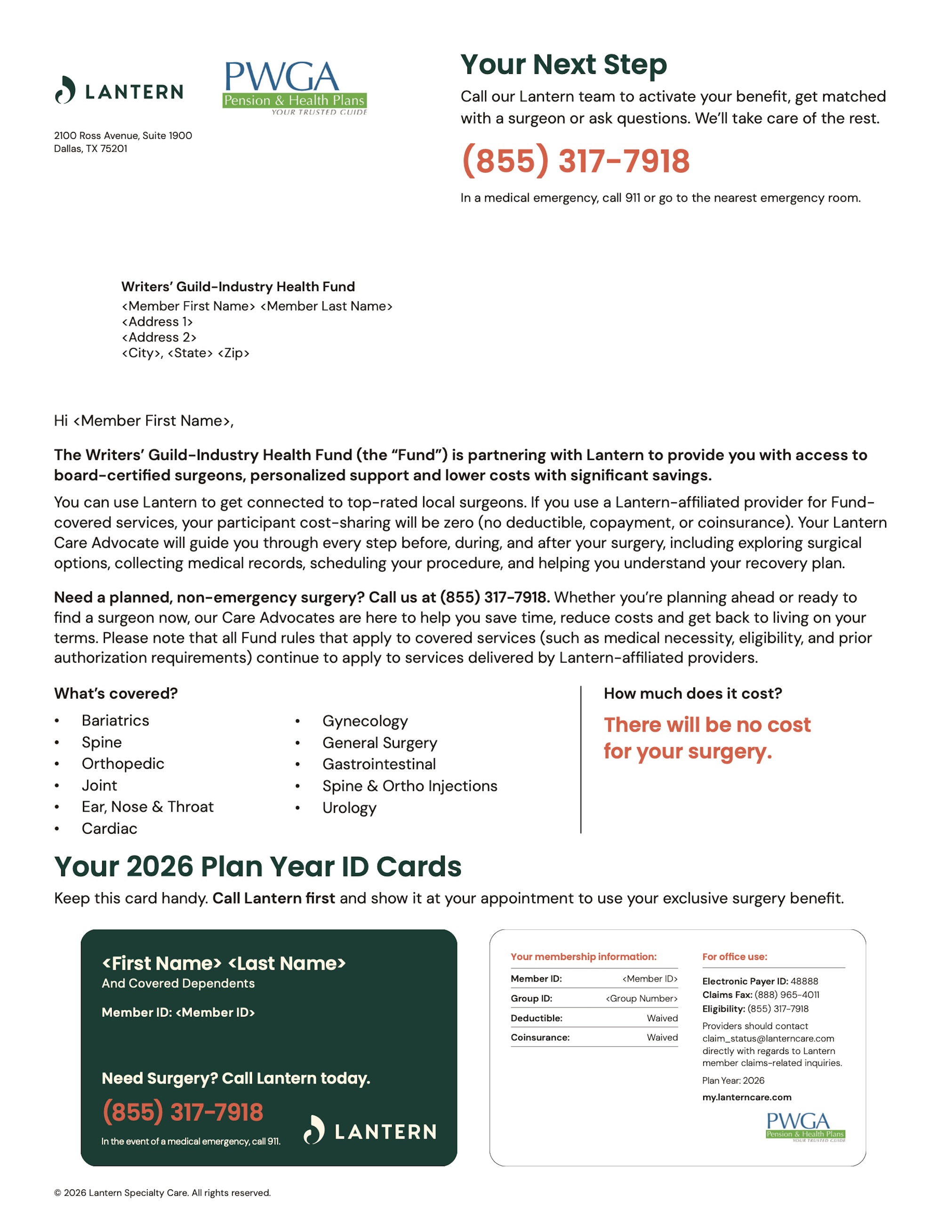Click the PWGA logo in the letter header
pyautogui.click(x=295, y=88)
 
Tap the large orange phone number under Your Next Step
pyautogui.click(x=575, y=161)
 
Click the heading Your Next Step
pyautogui.click(x=563, y=64)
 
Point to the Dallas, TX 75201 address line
pyautogui.click(x=91, y=148)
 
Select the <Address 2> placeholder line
pyautogui.click(x=159, y=338)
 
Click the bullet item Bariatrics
pyautogui.click(x=115, y=720)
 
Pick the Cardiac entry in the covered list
pyautogui.click(x=109, y=829)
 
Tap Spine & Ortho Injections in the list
pyautogui.click(x=409, y=786)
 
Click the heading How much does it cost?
pyautogui.click(x=693, y=693)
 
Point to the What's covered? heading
pyautogui.click(x=116, y=693)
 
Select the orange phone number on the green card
pyautogui.click(x=183, y=1112)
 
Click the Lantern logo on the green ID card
pyautogui.click(x=370, y=1131)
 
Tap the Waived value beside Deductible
pyautogui.click(x=662, y=1018)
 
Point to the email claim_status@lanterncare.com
pyautogui.click(x=768, y=1039)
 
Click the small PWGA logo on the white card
pyautogui.click(x=805, y=1127)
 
